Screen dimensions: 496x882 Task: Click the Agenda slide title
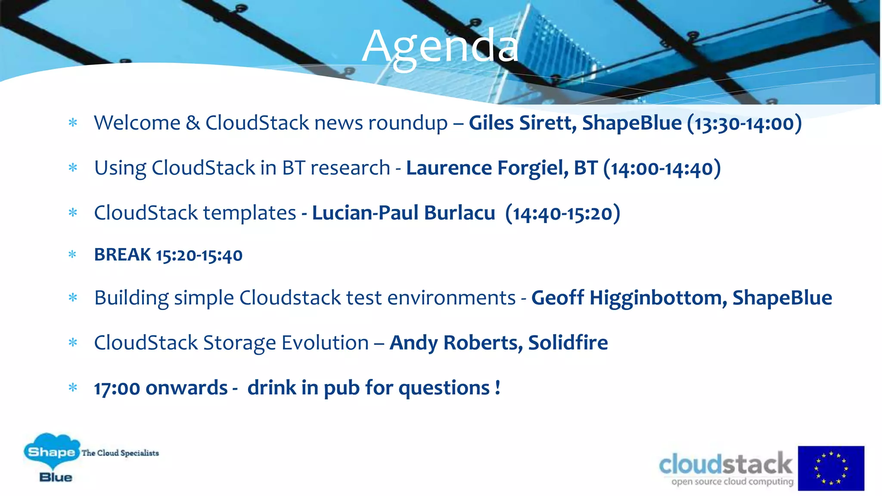pyautogui.click(x=440, y=46)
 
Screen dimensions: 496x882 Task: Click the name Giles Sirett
pyautogui.click(x=522, y=123)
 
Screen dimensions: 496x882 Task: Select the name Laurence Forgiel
pyautogui.click(x=487, y=168)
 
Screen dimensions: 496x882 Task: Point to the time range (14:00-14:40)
pyautogui.click(x=662, y=168)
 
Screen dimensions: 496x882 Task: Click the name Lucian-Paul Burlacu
pyautogui.click(x=403, y=213)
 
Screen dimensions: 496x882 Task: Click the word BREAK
pyautogui.click(x=123, y=255)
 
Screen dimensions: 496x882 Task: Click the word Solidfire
pyautogui.click(x=568, y=343)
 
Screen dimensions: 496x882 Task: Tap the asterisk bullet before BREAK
pyautogui.click(x=72, y=255)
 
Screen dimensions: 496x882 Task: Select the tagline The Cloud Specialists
pyautogui.click(x=120, y=453)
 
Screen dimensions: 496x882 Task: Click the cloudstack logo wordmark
pyautogui.click(x=725, y=464)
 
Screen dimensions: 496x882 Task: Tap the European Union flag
pyautogui.click(x=831, y=468)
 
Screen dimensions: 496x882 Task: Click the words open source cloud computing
pyautogui.click(x=732, y=482)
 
